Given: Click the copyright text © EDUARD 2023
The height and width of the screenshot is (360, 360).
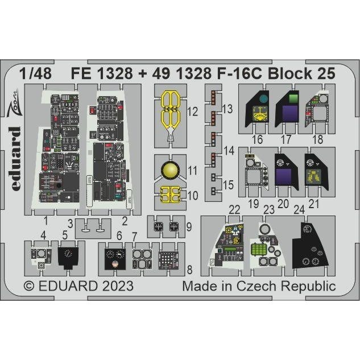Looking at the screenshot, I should pos(79,286).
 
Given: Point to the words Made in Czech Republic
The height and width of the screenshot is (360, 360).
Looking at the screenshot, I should pos(259,286).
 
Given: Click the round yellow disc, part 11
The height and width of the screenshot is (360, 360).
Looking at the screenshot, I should pos(170,170).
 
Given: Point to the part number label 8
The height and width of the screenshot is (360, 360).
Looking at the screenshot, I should pos(189,268).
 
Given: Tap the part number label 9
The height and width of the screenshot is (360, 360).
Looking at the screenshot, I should pos(188,226).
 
